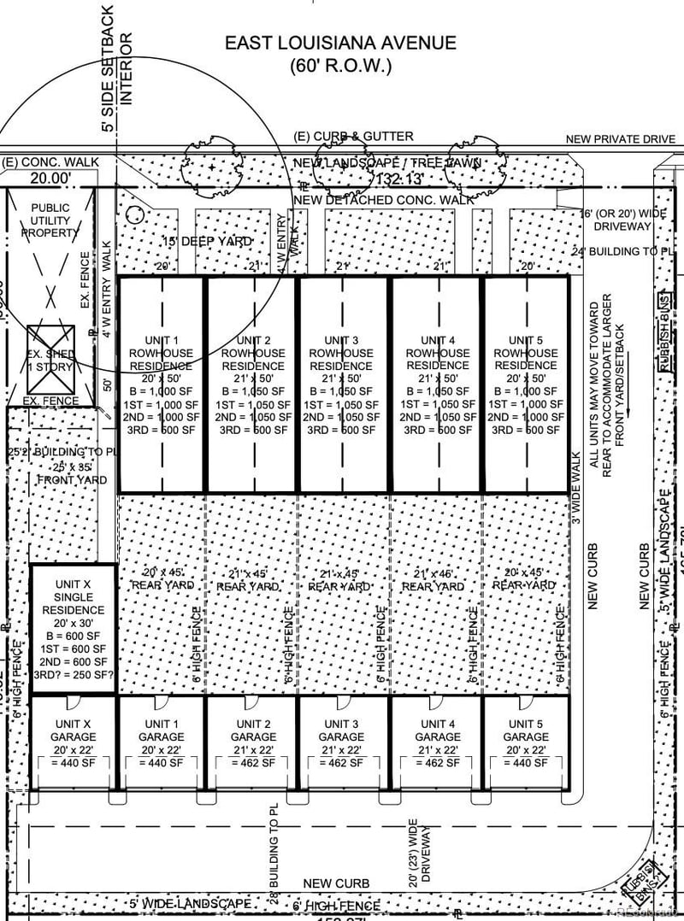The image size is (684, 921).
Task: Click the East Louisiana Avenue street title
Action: pos(340,43)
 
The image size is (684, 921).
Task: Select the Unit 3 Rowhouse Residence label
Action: pos(341,353)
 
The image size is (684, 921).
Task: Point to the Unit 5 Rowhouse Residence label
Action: pos(526,353)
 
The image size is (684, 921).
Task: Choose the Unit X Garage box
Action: pos(73,742)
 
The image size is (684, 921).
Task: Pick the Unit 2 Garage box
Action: pos(252,742)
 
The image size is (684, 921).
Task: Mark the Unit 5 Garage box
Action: pos(526,742)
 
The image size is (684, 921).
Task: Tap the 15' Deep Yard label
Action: pos(208,242)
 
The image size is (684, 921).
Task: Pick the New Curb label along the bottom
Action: pos(337,883)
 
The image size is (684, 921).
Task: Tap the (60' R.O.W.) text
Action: pos(340,65)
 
